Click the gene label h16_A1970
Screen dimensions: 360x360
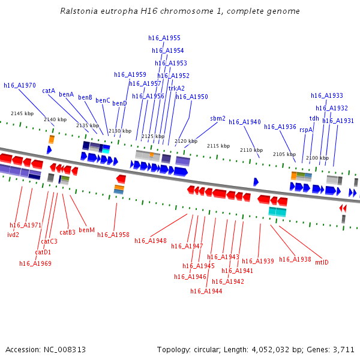pos(20,86)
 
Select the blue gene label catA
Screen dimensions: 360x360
pos(49,91)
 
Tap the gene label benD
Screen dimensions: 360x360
pos(119,104)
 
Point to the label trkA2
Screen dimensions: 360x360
pos(176,88)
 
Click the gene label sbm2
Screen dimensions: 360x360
pos(218,118)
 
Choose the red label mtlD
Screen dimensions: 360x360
pos(322,263)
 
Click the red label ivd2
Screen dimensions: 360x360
pos(13,235)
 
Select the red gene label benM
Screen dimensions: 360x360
pos(86,230)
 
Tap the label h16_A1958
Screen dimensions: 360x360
pos(113,235)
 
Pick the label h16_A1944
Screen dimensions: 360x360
pos(206,291)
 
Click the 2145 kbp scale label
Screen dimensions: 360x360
pos(22,113)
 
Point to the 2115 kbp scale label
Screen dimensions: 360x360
pos(218,146)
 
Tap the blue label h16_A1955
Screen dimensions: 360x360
pos(164,38)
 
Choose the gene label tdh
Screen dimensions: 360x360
pos(314,118)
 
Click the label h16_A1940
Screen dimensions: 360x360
pos(245,122)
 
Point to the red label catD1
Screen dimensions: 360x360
pos(43,252)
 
